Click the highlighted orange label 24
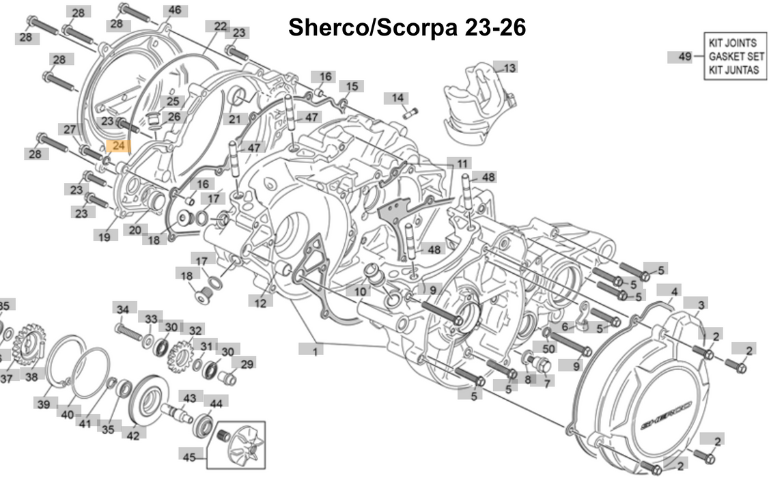118,146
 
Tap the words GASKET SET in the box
736,57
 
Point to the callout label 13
509,68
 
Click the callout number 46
175,10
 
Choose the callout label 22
220,27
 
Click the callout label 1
315,351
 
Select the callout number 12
260,303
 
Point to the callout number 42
132,434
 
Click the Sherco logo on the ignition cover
666,412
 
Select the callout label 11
463,164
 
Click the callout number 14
397,98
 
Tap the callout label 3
701,303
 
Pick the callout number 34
122,310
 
